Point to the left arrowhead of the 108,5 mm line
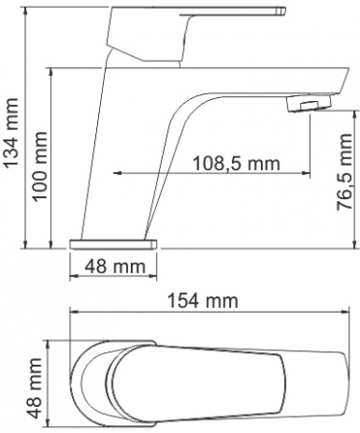119,174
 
